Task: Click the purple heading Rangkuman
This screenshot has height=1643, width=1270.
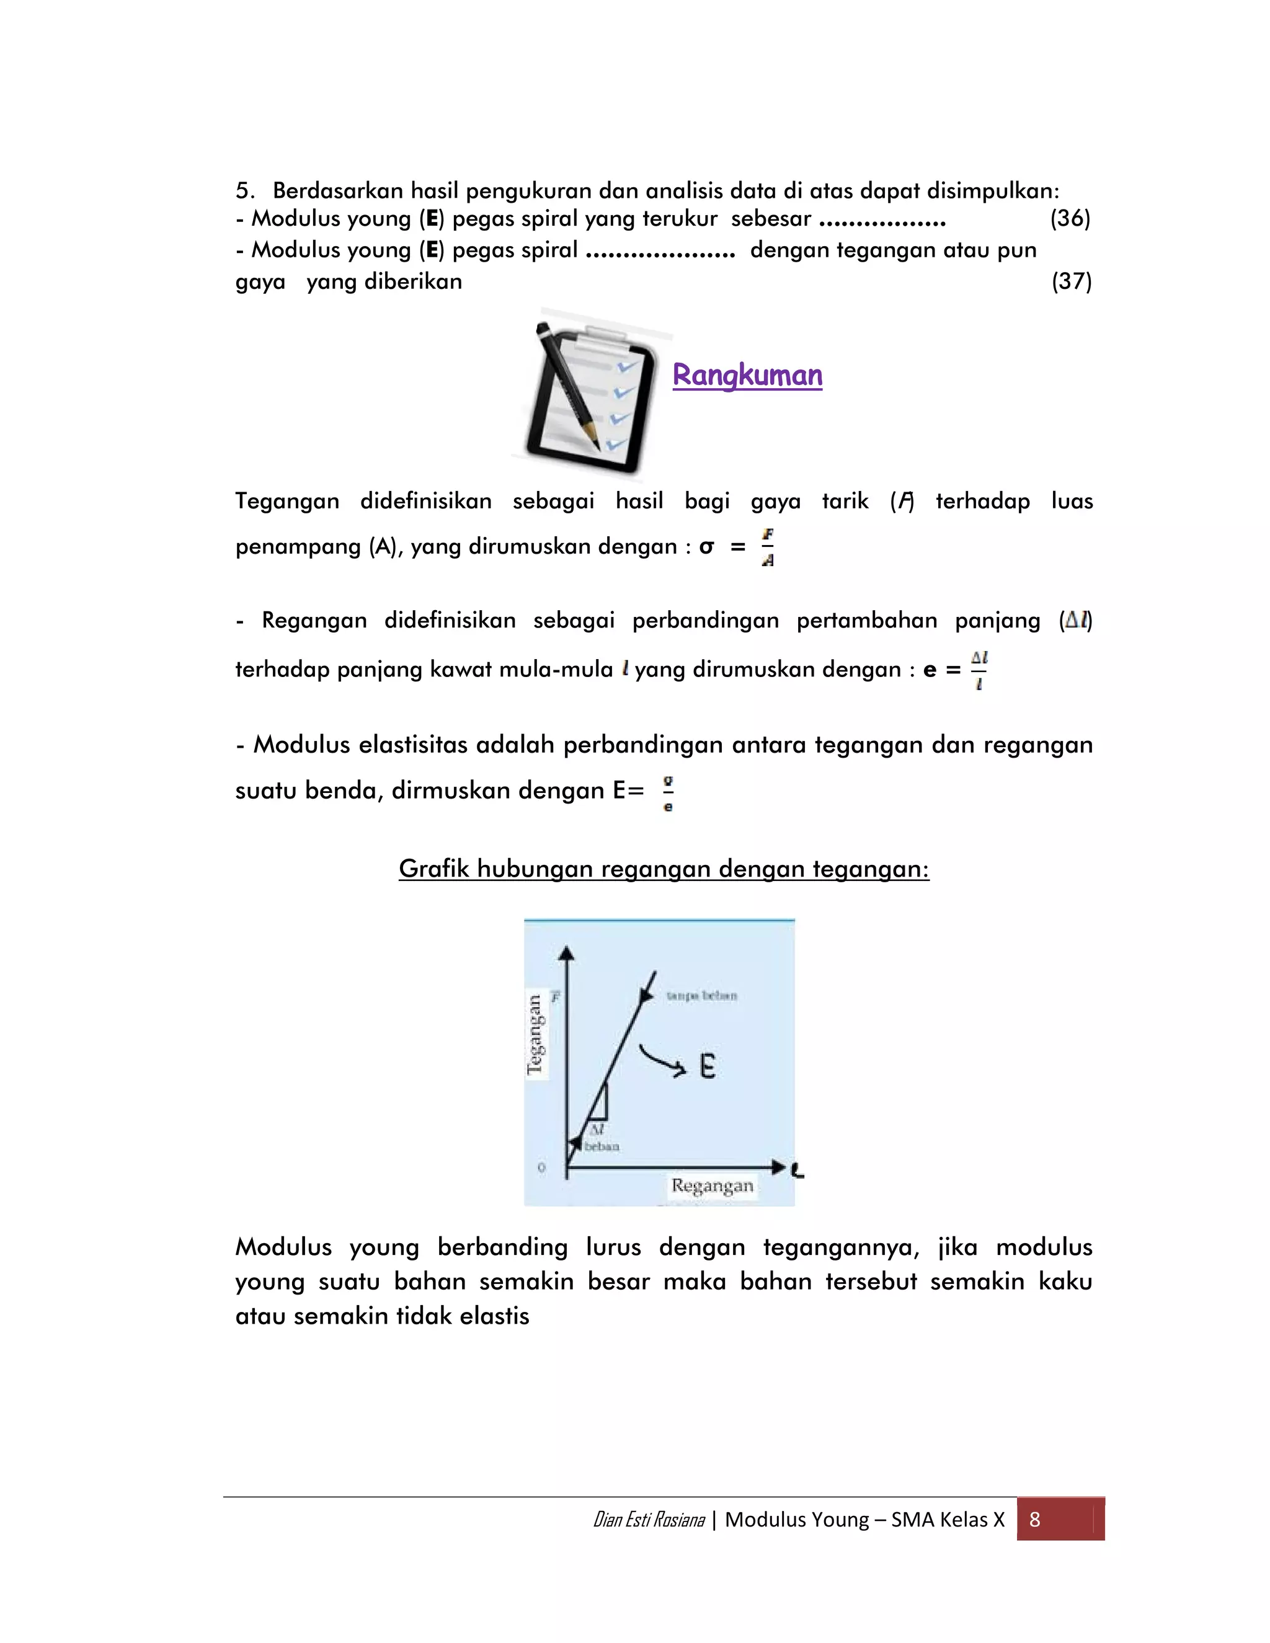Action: (747, 374)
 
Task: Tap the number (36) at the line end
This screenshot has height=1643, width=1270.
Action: (1070, 218)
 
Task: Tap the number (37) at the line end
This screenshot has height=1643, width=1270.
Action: (1072, 281)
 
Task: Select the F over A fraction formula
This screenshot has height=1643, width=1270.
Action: (768, 547)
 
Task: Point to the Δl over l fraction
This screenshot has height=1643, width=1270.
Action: (979, 670)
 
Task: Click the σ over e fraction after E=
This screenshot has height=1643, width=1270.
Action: (668, 793)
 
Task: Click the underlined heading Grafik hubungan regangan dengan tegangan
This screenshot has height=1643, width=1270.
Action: (664, 869)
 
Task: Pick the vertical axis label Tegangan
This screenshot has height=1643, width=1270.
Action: (535, 1034)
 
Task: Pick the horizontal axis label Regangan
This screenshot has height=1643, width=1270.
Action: (712, 1185)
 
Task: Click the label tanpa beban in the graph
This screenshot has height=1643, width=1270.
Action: (701, 996)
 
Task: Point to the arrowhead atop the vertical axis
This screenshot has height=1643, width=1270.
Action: (567, 953)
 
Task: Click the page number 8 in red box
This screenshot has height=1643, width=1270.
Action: (1034, 1520)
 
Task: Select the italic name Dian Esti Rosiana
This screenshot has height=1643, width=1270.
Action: (649, 1520)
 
